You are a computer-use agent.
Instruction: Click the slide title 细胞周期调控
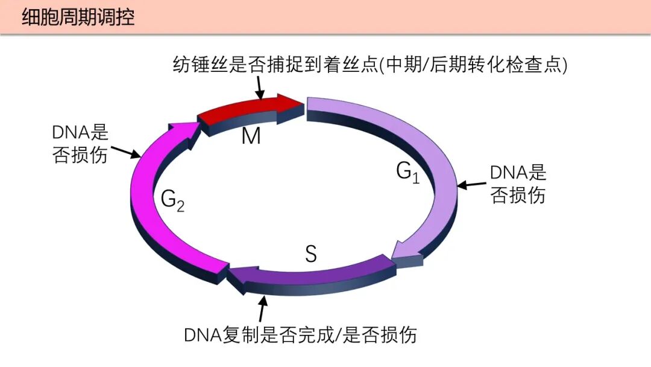tap(78, 17)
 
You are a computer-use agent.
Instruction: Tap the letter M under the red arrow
tap(251, 136)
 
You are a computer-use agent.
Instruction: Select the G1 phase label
tap(407, 172)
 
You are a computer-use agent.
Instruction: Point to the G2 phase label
tap(172, 200)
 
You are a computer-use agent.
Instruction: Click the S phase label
tap(310, 254)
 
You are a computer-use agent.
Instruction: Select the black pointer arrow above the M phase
tap(260, 89)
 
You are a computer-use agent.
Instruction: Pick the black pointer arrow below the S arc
tap(262, 310)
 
